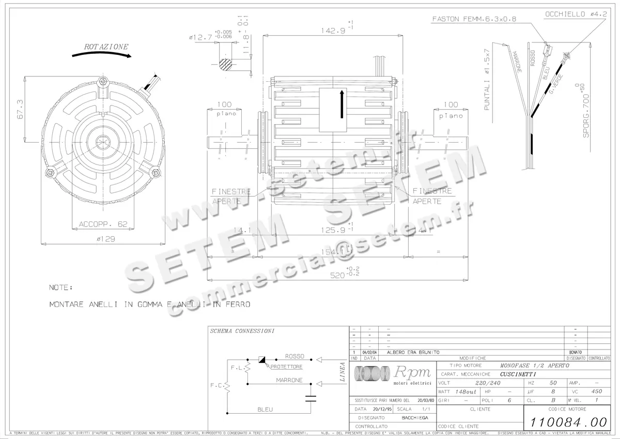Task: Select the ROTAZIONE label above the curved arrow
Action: [x=106, y=47]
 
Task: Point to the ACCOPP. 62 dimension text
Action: [x=103, y=224]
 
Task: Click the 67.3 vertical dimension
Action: [x=20, y=110]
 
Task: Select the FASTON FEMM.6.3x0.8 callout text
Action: [x=474, y=19]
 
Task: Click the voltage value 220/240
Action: [x=488, y=383]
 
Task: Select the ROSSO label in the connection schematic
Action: [x=295, y=356]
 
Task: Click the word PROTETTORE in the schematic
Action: [x=286, y=367]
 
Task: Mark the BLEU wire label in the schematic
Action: [x=265, y=409]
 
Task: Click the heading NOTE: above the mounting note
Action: [x=61, y=287]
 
